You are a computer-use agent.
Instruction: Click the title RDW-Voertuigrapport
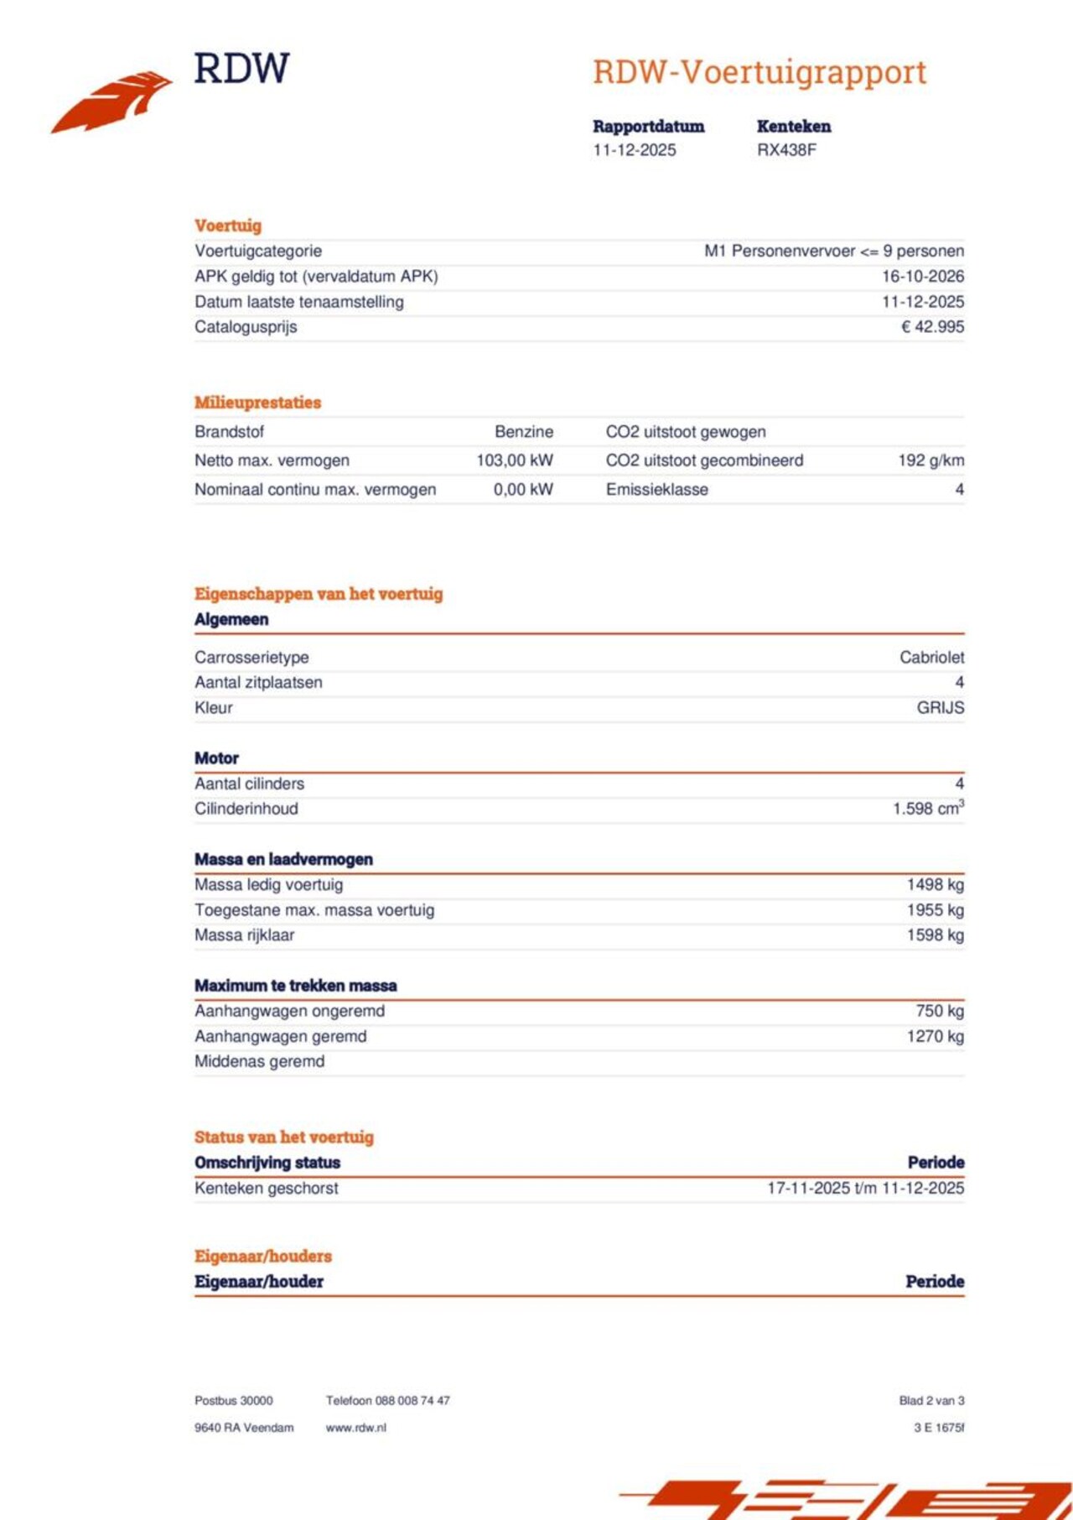point(759,72)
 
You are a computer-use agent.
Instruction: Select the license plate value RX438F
point(786,150)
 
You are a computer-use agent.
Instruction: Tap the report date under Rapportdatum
point(634,150)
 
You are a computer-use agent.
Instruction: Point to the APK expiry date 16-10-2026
point(922,276)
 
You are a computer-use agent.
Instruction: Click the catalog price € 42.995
point(932,326)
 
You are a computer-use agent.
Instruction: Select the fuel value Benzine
point(523,431)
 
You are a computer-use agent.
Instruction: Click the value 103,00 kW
point(514,460)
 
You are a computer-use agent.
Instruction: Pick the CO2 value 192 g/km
point(930,460)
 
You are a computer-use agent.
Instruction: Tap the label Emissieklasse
point(656,489)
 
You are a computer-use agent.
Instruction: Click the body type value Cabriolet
point(931,657)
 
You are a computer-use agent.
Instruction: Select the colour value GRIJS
point(940,707)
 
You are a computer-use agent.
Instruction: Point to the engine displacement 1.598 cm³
point(927,808)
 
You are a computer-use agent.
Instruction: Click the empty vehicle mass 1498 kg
point(935,884)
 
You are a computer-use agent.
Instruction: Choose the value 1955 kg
point(935,909)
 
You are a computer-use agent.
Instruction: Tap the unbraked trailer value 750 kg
point(939,1011)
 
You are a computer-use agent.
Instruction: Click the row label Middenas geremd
point(259,1061)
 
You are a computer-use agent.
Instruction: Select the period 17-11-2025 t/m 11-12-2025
point(865,1188)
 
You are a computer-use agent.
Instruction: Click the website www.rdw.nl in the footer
point(355,1427)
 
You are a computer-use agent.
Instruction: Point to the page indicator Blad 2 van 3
point(930,1400)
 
